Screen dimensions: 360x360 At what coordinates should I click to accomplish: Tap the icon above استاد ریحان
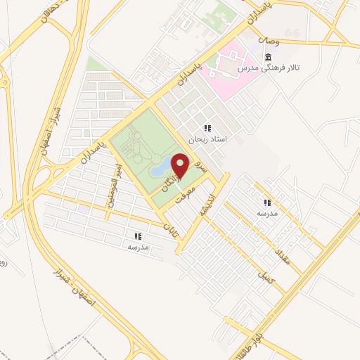[x=207, y=128]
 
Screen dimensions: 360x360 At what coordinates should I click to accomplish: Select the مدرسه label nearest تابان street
[x=137, y=247]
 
